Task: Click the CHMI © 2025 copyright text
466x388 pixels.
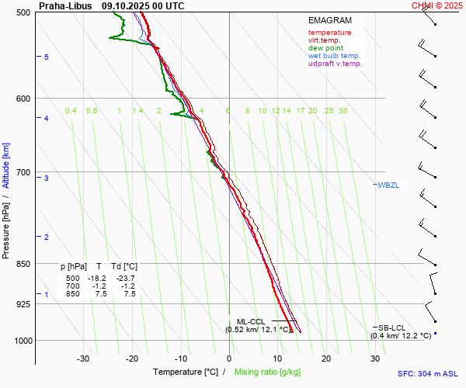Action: (436, 5)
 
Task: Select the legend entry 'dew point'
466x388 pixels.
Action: (326, 48)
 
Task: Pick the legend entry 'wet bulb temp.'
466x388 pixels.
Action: (334, 56)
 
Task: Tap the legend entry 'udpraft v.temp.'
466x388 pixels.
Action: (335, 64)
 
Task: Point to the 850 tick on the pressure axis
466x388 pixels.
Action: (23, 264)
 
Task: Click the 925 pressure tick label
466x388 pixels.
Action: (23, 303)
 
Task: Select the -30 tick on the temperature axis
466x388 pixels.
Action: (83, 359)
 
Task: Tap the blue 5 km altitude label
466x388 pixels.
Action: (47, 57)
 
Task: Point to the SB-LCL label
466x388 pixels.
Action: (392, 328)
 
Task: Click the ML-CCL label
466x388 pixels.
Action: (250, 321)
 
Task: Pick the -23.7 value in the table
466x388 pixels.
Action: (125, 279)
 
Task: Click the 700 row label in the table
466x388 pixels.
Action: (72, 286)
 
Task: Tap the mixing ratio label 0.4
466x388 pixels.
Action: (71, 111)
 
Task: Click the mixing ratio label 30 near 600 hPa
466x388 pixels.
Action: (343, 111)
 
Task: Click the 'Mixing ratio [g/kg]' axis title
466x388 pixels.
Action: (270, 372)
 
